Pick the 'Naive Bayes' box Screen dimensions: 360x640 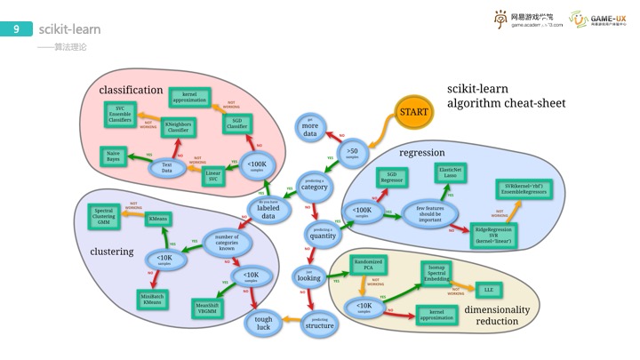[114, 156]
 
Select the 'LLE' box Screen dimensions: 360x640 [488, 290]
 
